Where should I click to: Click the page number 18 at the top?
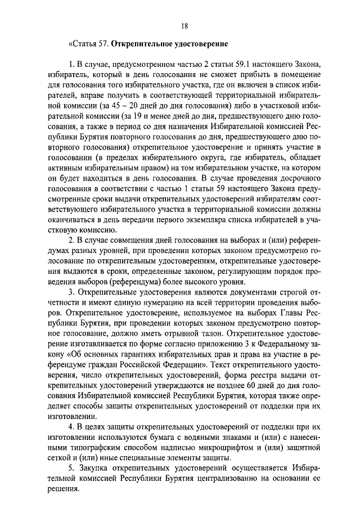click(x=184, y=25)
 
